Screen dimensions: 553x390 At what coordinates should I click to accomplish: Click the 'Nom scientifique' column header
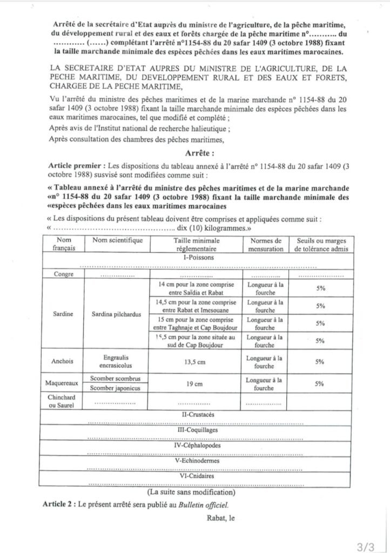[x=117, y=240]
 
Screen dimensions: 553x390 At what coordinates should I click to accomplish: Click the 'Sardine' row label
[x=63, y=313]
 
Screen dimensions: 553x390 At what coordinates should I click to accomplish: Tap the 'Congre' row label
[x=64, y=274]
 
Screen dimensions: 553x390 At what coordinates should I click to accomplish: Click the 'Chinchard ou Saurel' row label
[x=64, y=401]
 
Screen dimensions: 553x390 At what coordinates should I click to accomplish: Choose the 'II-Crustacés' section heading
[x=198, y=414]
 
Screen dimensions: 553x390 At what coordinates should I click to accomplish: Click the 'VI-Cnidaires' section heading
[x=198, y=476]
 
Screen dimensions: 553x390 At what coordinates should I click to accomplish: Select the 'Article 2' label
[x=58, y=504]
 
